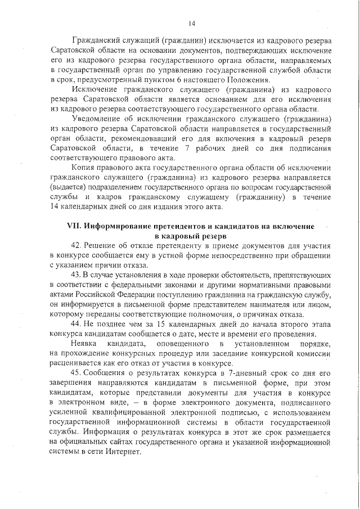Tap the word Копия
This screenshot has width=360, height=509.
pyautogui.click(x=84, y=168)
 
